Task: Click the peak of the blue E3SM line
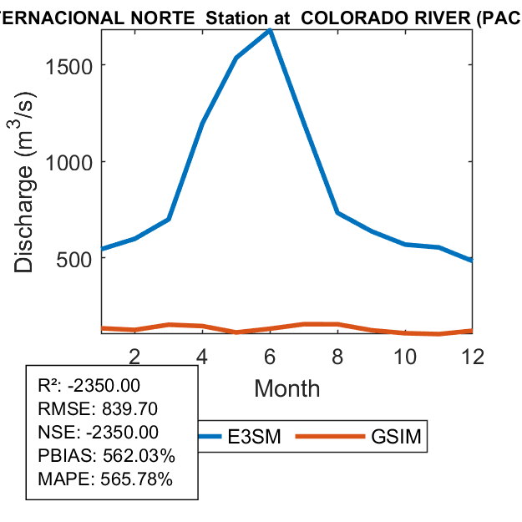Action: pyautogui.click(x=270, y=31)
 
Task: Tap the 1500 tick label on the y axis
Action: pyautogui.click(x=69, y=65)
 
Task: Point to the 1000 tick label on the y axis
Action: pyautogui.click(x=69, y=162)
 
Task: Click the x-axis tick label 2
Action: pyautogui.click(x=134, y=357)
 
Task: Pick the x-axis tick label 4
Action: pyautogui.click(x=202, y=357)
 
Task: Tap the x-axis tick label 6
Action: pyautogui.click(x=270, y=357)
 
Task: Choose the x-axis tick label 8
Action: pyautogui.click(x=337, y=357)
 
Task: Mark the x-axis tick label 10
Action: pyautogui.click(x=405, y=357)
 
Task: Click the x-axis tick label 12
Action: pyautogui.click(x=473, y=357)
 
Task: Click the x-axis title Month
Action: pyautogui.click(x=286, y=388)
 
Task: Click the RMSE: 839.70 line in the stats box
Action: pyautogui.click(x=99, y=409)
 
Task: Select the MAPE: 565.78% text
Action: pyautogui.click(x=105, y=479)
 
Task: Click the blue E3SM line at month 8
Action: pyautogui.click(x=337, y=212)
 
